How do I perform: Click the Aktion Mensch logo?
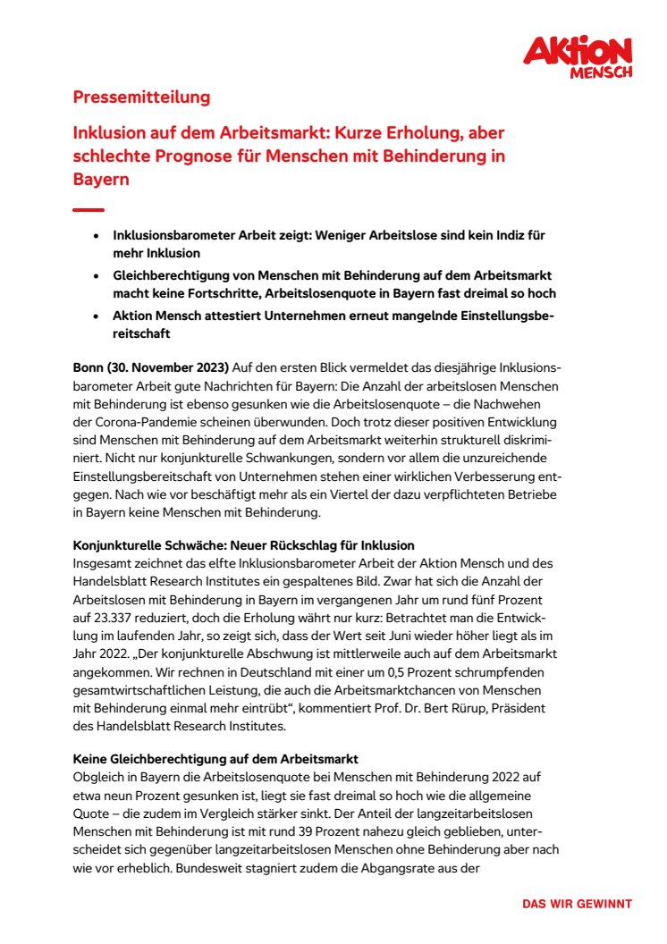(577, 56)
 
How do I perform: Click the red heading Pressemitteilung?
(141, 97)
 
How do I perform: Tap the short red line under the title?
(88, 210)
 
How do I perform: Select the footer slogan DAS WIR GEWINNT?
(577, 904)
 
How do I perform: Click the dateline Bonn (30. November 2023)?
(151, 368)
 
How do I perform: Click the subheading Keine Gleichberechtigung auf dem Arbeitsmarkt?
(216, 760)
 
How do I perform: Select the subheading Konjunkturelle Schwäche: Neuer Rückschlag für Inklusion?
(243, 545)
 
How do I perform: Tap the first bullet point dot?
(97, 236)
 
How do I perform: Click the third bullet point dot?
(97, 317)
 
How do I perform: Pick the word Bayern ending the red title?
(101, 179)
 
